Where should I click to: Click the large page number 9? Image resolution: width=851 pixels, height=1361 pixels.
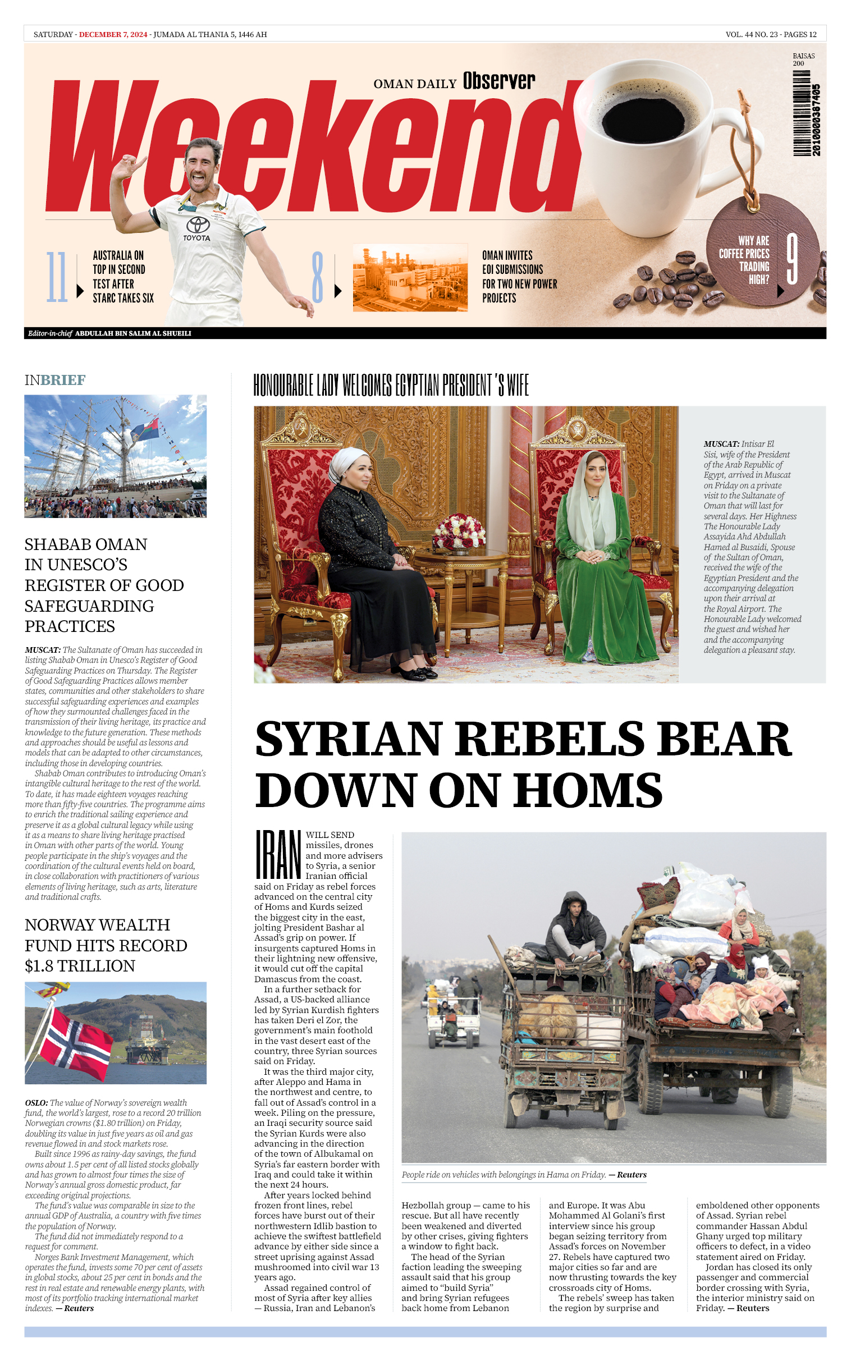pyautogui.click(x=792, y=259)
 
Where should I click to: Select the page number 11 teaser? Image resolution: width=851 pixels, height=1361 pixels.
pyautogui.click(x=56, y=277)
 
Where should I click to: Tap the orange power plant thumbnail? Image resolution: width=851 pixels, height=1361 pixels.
pyautogui.click(x=410, y=277)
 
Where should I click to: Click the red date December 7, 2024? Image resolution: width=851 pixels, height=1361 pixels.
pyautogui.click(x=113, y=34)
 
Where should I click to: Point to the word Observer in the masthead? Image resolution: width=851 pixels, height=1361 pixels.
pyautogui.click(x=498, y=81)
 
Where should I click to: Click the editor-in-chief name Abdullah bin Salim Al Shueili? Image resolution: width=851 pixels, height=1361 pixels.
pyautogui.click(x=133, y=333)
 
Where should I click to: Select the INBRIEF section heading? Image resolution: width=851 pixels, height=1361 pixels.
pyautogui.click(x=55, y=381)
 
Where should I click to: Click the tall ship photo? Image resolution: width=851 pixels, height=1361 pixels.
pyautogui.click(x=116, y=456)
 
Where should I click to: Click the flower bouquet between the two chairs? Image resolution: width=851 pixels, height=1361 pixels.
pyautogui.click(x=459, y=531)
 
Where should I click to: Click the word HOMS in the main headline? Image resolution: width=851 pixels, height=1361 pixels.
pyautogui.click(x=588, y=789)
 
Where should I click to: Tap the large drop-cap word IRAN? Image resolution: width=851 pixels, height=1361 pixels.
pyautogui.click(x=278, y=854)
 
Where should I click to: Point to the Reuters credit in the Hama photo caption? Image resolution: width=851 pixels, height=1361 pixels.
pyautogui.click(x=632, y=1175)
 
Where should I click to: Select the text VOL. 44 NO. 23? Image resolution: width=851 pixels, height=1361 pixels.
pyautogui.click(x=752, y=34)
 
